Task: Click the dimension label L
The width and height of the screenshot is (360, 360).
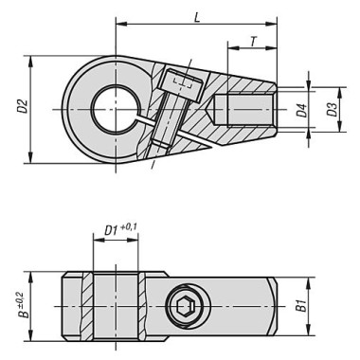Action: point(196,17)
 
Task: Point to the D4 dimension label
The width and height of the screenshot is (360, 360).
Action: point(302,111)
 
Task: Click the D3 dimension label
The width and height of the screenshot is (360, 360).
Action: point(331,111)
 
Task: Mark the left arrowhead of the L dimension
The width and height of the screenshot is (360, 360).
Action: point(117,27)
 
